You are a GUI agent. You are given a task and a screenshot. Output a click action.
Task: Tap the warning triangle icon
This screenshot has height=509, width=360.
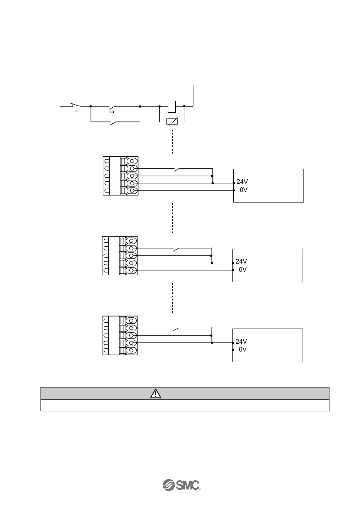pyautogui.click(x=155, y=393)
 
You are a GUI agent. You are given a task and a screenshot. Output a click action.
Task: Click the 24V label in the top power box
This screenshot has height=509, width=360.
pyautogui.click(x=242, y=182)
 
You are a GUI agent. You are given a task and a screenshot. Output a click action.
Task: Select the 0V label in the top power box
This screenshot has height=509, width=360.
pyautogui.click(x=243, y=190)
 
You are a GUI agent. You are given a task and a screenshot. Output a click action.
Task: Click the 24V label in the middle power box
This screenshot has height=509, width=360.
pyautogui.click(x=241, y=261)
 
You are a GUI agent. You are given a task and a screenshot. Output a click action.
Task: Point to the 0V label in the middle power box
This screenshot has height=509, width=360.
pyautogui.click(x=242, y=270)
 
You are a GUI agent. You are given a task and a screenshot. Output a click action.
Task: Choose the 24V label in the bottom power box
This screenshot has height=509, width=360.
pyautogui.click(x=241, y=341)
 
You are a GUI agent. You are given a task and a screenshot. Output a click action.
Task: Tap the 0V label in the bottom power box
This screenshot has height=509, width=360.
pyautogui.click(x=242, y=349)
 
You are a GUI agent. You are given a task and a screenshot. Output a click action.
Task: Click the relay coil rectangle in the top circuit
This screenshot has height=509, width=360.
pyautogui.click(x=172, y=106)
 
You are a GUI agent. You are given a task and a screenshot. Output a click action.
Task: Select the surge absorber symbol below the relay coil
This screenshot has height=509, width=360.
pyautogui.click(x=172, y=122)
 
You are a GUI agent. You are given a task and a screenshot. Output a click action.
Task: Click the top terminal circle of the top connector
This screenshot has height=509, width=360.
pyautogui.click(x=132, y=161)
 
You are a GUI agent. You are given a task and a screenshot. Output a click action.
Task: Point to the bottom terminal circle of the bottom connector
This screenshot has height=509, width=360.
pyautogui.click(x=131, y=350)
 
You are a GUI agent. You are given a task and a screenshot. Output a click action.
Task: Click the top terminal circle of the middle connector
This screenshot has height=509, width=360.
pyautogui.click(x=131, y=241)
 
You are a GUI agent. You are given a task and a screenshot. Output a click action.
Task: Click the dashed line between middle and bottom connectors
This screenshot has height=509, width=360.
pyautogui.click(x=172, y=299)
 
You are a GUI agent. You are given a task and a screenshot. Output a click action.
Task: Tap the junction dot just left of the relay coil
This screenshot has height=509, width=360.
pyautogui.click(x=159, y=106)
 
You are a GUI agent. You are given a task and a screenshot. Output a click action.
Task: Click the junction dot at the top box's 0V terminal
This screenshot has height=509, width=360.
pyautogui.click(x=234, y=190)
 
